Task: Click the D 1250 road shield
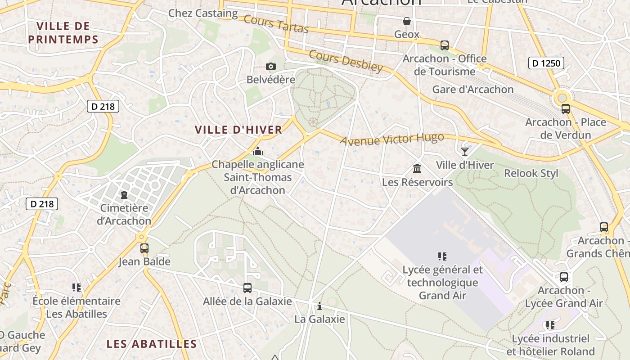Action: tap(546, 63)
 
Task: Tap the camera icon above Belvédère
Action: tap(270, 67)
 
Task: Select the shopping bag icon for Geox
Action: tap(406, 21)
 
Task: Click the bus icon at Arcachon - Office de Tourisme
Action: tap(445, 45)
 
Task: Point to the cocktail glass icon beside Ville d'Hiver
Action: tap(465, 152)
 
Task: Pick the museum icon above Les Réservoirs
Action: tap(417, 169)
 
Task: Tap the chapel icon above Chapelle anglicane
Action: tap(258, 151)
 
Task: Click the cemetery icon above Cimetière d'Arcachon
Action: tap(124, 195)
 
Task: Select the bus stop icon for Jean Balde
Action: tap(144, 248)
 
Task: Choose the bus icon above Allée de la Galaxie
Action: tap(247, 288)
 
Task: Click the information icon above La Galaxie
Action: tap(319, 306)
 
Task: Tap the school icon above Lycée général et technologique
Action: tap(442, 256)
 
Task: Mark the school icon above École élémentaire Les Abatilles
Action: tap(76, 287)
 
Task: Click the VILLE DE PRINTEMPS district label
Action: tap(63, 32)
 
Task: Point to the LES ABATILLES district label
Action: tap(152, 344)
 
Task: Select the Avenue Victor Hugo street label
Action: tap(392, 139)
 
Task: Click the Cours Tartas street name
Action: tap(276, 24)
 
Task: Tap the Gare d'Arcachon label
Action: tap(473, 90)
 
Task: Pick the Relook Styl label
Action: tap(531, 173)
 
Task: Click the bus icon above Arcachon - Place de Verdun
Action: tap(566, 108)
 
